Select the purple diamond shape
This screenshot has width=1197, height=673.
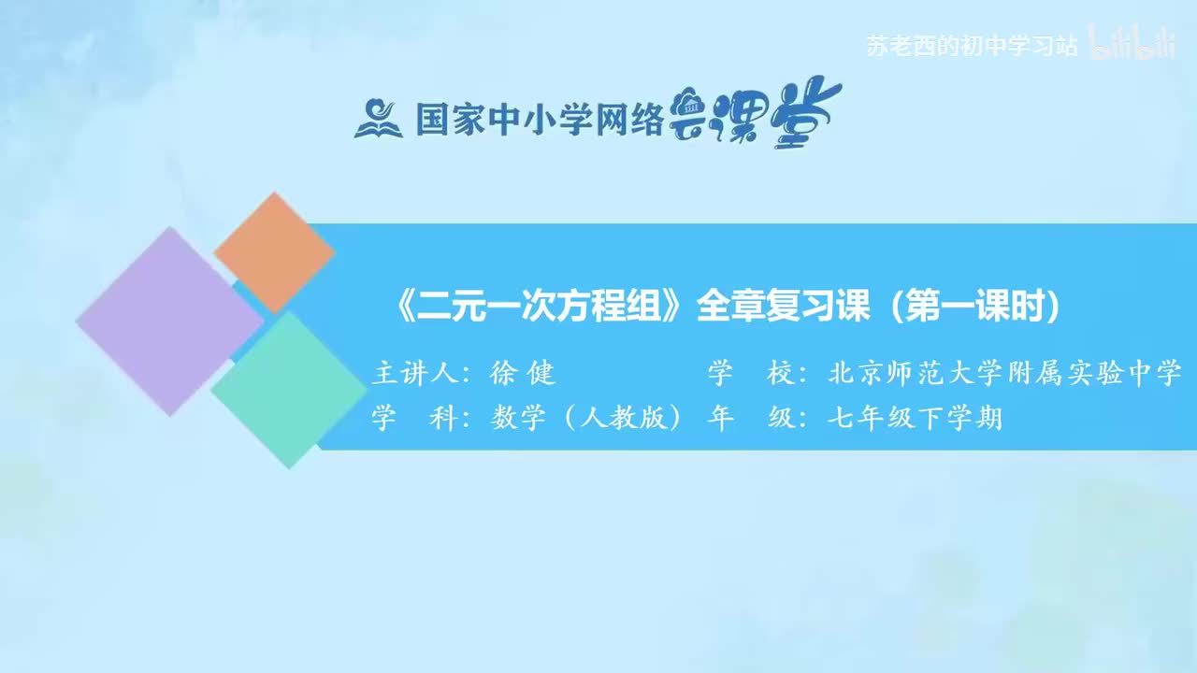click(x=169, y=321)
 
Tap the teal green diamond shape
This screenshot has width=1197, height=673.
click(x=281, y=390)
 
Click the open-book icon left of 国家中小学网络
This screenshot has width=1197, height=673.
click(x=378, y=119)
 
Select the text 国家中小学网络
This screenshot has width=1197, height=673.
click(x=540, y=119)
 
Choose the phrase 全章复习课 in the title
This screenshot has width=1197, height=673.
click(x=784, y=308)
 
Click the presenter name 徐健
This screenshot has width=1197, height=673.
click(x=523, y=374)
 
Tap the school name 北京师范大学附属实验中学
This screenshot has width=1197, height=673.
click(x=1005, y=374)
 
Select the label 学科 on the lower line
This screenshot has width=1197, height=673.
click(x=412, y=418)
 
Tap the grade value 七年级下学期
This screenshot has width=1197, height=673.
click(x=915, y=418)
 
